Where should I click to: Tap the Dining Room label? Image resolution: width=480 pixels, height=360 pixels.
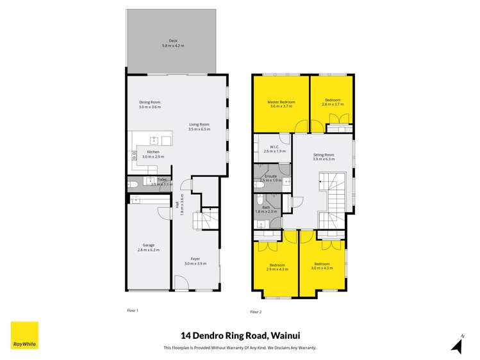coord(150,102)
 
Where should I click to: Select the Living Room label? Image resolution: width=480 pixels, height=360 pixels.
coord(199,125)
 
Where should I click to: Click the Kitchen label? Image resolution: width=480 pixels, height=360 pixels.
coord(153,152)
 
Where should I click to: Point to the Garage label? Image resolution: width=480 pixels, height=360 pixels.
coord(149,245)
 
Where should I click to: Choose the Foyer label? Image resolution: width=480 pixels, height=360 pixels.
coord(195,259)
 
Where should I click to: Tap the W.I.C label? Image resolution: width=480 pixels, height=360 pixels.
coord(273,147)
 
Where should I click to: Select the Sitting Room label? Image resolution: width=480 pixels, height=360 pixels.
coord(324,155)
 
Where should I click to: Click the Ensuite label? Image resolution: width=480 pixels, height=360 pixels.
coord(271,176)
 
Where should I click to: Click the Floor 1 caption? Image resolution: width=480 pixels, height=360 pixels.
coord(133,310)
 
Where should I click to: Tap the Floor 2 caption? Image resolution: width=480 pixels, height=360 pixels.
coord(256,312)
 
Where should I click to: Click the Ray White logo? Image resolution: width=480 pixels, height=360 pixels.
coord(24,335)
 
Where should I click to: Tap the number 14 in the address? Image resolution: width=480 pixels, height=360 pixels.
coord(186,334)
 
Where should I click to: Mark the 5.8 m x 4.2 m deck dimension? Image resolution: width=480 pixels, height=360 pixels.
coord(173,46)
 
